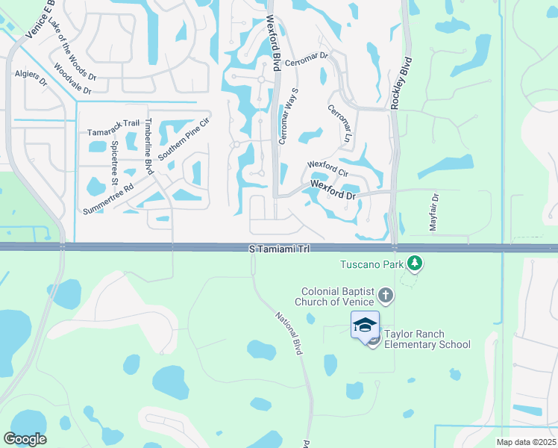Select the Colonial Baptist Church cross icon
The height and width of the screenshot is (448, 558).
pyautogui.click(x=385, y=296)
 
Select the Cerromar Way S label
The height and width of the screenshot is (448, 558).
pyautogui.click(x=288, y=116)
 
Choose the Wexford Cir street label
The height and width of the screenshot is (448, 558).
pyautogui.click(x=327, y=169)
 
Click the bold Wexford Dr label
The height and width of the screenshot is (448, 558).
pyautogui.click(x=333, y=188)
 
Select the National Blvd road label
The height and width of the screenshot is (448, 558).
pyautogui.click(x=287, y=332)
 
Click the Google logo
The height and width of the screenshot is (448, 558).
pyautogui.click(x=25, y=439)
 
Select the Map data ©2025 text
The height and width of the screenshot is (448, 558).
pyautogui.click(x=526, y=442)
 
